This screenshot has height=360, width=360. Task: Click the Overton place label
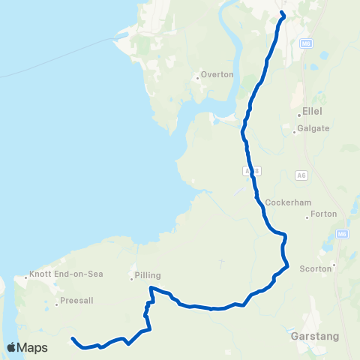[x=218, y=75]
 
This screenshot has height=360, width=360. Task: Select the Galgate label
[x=313, y=129]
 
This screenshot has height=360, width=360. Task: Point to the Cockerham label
[x=283, y=202]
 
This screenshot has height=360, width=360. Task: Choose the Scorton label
[x=315, y=268]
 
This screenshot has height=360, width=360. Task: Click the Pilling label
[x=148, y=275]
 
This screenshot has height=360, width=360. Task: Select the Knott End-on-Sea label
[x=59, y=274]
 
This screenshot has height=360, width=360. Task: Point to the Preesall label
[x=74, y=304]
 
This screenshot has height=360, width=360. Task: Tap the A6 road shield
[x=301, y=175]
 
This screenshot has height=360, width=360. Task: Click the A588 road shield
[x=253, y=172]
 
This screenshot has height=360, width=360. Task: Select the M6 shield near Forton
[x=342, y=235]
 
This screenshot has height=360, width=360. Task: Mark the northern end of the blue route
[x=283, y=13]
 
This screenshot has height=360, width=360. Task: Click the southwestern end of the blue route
[x=73, y=339]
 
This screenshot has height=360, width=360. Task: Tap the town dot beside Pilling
[x=132, y=280]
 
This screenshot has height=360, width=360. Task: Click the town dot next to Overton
[x=196, y=75]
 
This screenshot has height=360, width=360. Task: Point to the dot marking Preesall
[x=57, y=304]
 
